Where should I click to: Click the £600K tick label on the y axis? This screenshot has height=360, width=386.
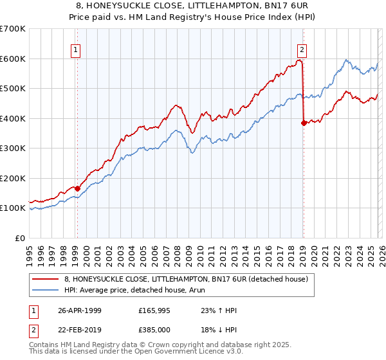[x=13, y=59]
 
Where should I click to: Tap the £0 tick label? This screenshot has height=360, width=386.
[x=21, y=238]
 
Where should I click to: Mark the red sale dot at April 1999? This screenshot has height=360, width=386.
[x=78, y=188]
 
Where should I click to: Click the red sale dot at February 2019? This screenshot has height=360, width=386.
[x=304, y=123]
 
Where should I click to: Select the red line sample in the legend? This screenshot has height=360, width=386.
[x=46, y=279]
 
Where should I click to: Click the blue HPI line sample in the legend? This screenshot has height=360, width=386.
[x=46, y=290]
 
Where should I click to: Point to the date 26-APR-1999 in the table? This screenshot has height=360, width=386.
[x=79, y=310]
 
